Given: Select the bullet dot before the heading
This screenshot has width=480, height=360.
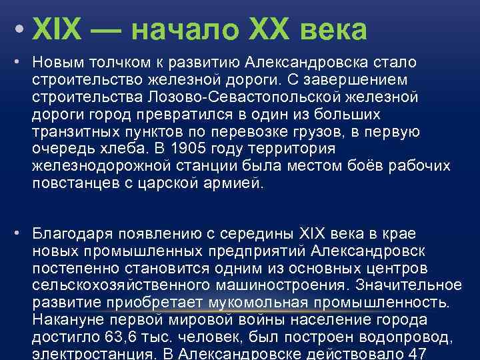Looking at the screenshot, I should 21,31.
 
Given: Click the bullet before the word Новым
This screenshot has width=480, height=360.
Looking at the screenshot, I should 21,63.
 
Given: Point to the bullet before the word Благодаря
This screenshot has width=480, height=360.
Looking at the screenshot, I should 21,233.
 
